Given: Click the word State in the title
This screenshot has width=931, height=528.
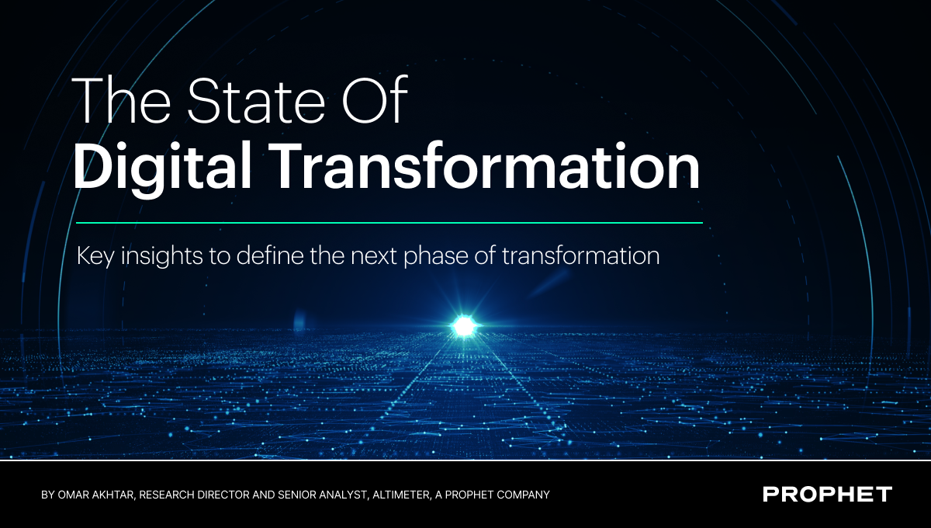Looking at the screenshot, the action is point(256,100).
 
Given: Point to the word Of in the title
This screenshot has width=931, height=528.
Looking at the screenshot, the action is point(375,100).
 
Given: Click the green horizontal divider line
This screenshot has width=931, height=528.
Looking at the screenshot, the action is point(389,223).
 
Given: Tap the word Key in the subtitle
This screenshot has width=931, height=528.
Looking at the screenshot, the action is point(95,256).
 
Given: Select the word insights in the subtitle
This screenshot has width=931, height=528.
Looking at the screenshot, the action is point(161,256).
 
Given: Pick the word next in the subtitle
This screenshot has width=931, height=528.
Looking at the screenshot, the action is point(374,256).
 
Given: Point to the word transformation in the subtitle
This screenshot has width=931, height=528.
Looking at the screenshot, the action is point(580,255).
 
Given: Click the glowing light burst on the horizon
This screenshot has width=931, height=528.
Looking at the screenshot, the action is point(464,326).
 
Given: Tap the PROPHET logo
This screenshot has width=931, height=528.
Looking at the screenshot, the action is point(827,495).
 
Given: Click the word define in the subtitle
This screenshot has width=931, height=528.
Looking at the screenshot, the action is point(270,255).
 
